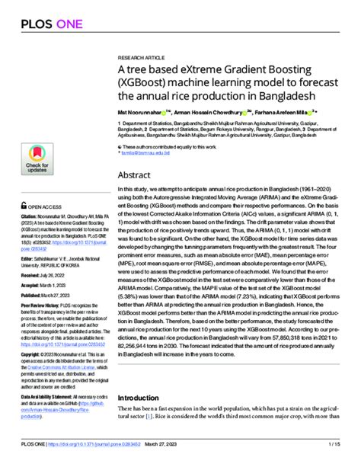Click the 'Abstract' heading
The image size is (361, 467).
click(136, 174)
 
